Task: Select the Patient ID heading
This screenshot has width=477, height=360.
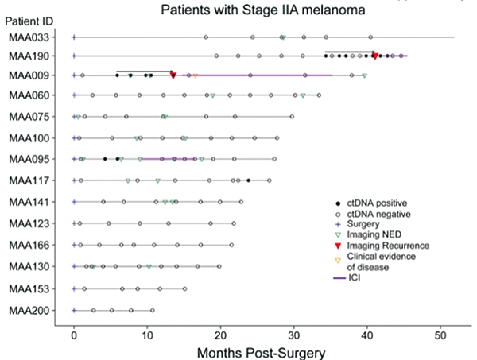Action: click(x=29, y=20)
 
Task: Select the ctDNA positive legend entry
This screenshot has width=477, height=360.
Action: click(x=371, y=203)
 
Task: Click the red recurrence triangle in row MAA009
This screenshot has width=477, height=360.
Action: click(x=173, y=76)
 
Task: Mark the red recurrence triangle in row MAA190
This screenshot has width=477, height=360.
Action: click(x=374, y=56)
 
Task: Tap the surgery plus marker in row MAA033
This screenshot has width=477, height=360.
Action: click(x=74, y=37)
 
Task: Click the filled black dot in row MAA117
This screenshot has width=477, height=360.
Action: click(x=249, y=180)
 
